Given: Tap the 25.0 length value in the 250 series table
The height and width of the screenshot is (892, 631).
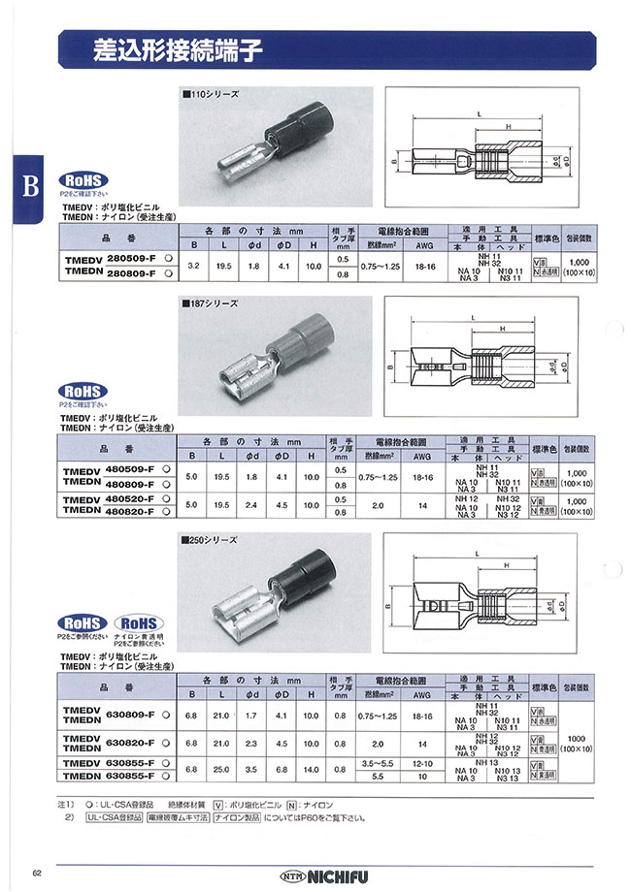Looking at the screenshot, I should (x=222, y=771).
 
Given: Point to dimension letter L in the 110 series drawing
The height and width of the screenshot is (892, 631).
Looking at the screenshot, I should (x=479, y=114).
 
